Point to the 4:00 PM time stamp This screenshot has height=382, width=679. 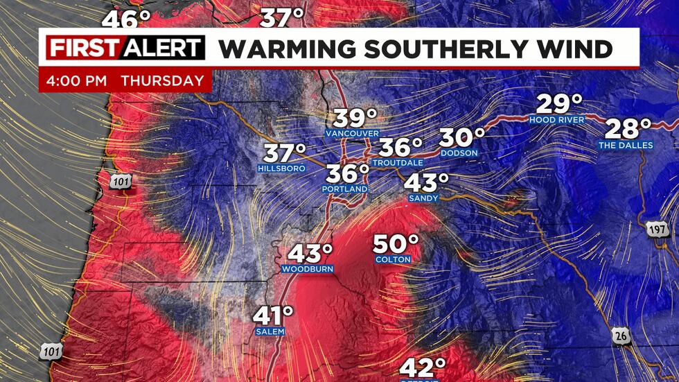coord(76,80)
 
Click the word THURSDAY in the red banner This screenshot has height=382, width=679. coord(162,80)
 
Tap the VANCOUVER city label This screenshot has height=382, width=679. coord(355,132)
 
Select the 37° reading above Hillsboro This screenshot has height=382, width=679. coord(284,152)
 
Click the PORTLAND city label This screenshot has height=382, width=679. coord(344,189)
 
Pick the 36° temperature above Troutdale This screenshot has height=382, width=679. coord(400,147)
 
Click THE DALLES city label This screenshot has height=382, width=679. coord(626,145)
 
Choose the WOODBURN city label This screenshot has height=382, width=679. coord(308,268)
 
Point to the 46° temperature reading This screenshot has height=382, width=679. coord(121,19)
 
